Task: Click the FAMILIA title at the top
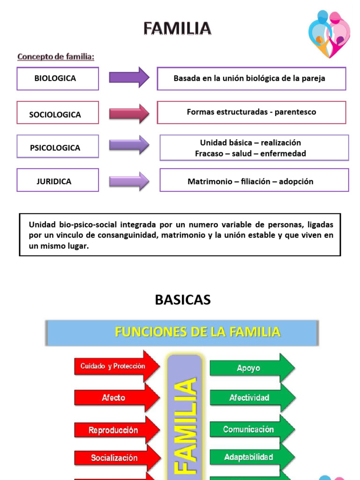tap(177, 29)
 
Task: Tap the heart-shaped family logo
tap(330, 34)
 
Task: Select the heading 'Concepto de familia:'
tap(56, 57)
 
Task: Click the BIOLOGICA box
tap(58, 78)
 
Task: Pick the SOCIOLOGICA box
tap(58, 113)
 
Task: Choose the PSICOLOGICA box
tap(58, 147)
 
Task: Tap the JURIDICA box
tap(58, 180)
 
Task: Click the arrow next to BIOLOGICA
tap(129, 77)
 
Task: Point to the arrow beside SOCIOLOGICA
tap(129, 113)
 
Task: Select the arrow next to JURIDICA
tap(129, 181)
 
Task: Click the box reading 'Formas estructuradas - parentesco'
tap(251, 112)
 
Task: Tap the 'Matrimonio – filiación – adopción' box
tap(254, 180)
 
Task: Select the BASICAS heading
tap(183, 300)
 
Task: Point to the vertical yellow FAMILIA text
tap(185, 424)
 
